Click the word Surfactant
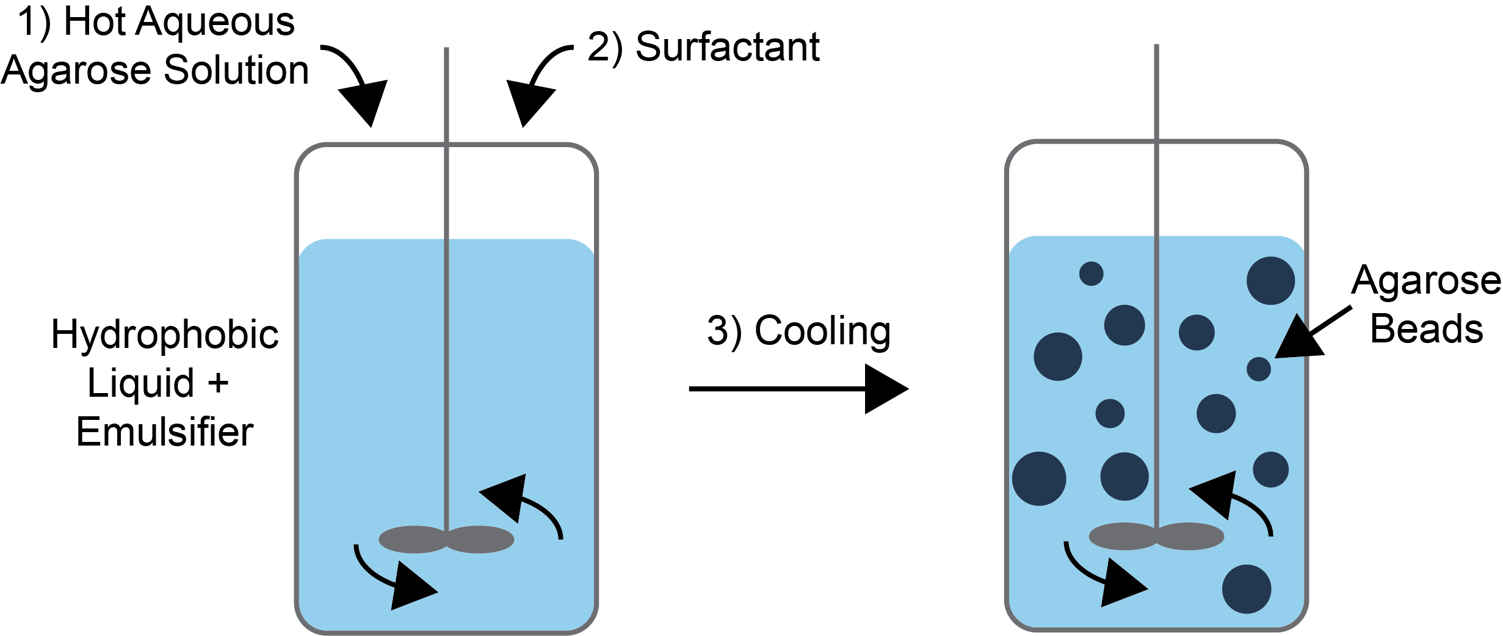pyautogui.click(x=727, y=47)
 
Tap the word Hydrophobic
pyautogui.click(x=164, y=336)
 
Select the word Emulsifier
pyautogui.click(x=164, y=432)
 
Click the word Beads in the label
pyautogui.click(x=1426, y=329)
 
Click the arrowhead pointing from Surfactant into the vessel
pyautogui.click(x=529, y=102)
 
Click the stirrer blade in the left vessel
pyautogui.click(x=446, y=540)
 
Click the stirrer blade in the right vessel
pyautogui.click(x=1156, y=537)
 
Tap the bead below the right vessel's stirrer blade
pyautogui.click(x=1246, y=589)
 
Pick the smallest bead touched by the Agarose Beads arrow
pyautogui.click(x=1258, y=369)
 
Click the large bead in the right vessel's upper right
pyautogui.click(x=1270, y=281)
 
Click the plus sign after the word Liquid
pyautogui.click(x=218, y=384)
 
